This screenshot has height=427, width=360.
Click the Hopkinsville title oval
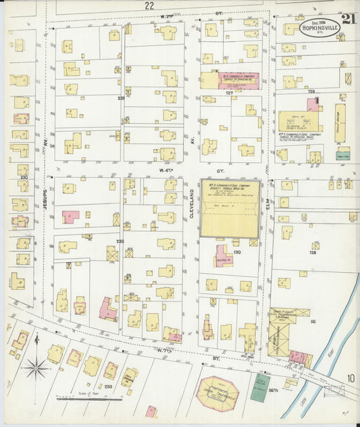316,30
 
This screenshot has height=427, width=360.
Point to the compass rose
36,368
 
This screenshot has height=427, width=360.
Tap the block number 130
237,253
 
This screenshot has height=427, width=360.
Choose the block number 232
120,241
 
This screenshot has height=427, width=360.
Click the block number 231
121,99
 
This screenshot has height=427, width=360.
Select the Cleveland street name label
191,203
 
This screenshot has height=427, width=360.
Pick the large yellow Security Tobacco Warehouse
230,208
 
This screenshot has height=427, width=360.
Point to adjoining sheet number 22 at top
149,5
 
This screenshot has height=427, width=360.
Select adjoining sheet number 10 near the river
349,378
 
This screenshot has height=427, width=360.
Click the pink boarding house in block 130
224,255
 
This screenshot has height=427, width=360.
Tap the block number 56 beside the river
313,322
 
